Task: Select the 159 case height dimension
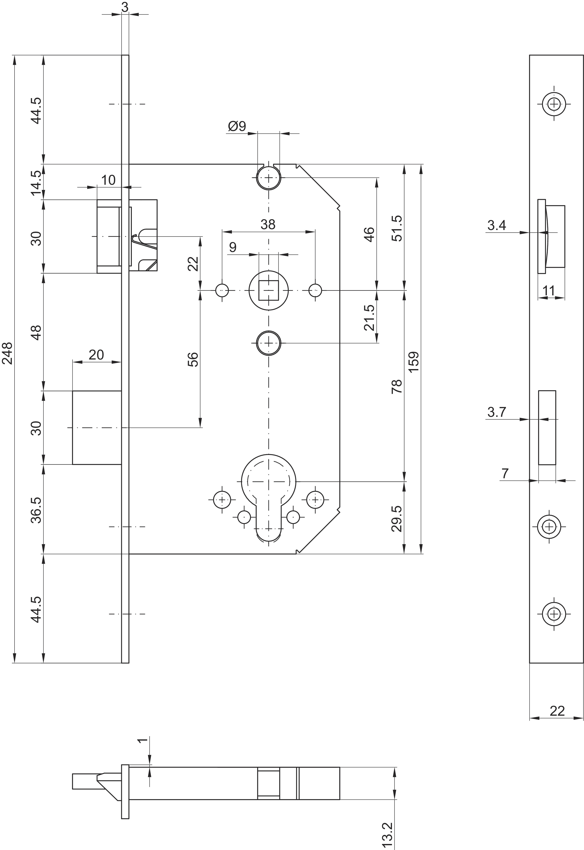point(414,362)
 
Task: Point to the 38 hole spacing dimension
point(268,224)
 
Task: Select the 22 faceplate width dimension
point(557,711)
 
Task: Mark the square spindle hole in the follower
point(269,290)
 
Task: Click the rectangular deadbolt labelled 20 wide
point(97,428)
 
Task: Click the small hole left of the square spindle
point(222,290)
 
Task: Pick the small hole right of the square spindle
point(315,290)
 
